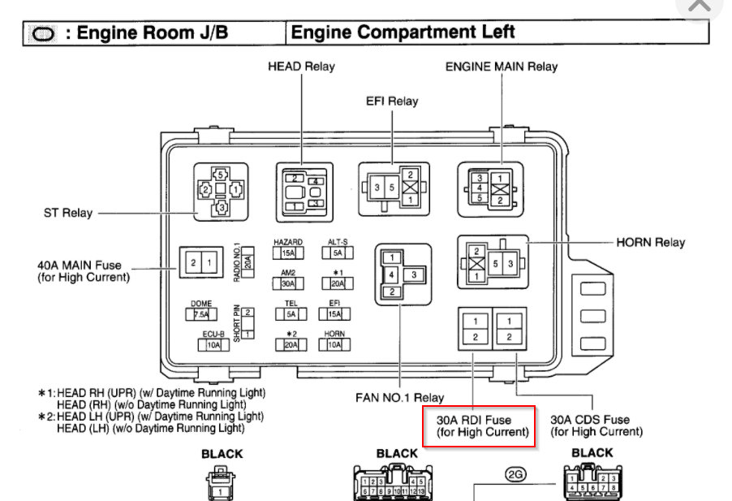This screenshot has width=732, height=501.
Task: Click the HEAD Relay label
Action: [x=301, y=66]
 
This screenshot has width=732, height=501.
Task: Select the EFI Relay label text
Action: [x=391, y=101]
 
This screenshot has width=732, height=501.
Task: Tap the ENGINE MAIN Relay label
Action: [x=501, y=66]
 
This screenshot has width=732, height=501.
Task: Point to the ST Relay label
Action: [x=67, y=213]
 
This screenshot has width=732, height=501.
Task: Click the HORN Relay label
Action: [x=651, y=242]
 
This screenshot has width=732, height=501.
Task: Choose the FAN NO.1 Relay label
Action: [x=399, y=398]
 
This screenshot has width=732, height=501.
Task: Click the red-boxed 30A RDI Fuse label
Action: [x=479, y=426]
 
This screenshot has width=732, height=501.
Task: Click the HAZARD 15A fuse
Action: [x=288, y=253]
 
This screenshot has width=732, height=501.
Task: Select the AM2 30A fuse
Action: [x=288, y=284]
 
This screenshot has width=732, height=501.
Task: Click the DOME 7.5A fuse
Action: [x=201, y=314]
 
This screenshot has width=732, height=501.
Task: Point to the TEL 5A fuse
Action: [x=290, y=314]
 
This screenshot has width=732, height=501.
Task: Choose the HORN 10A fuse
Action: [x=334, y=344]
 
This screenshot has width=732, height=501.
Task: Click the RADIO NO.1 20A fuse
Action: [x=248, y=261]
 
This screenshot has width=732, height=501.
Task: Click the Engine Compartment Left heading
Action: [x=403, y=32]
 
